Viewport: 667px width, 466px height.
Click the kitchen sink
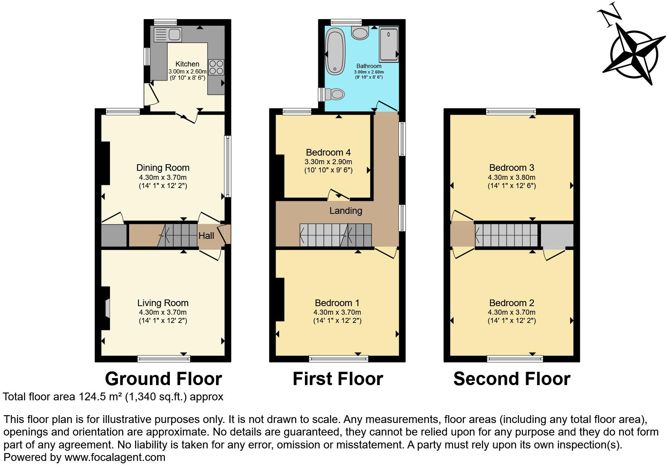coord(168,35)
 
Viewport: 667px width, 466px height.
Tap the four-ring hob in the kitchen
coord(216,67)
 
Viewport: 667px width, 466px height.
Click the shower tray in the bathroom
coord(389,45)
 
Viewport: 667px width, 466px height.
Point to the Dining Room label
coord(163,168)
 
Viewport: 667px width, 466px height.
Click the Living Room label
coord(163,303)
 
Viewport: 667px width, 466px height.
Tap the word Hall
coord(206,236)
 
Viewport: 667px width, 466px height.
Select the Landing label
coord(346,211)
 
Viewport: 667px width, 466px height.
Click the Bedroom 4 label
coord(328,152)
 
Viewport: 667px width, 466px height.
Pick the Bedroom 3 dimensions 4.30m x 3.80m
coord(512,177)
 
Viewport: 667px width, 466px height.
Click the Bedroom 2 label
coord(512,303)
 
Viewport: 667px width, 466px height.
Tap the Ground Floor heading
coord(163,379)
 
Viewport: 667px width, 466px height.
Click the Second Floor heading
coord(512,379)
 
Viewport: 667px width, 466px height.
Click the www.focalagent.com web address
coord(115,457)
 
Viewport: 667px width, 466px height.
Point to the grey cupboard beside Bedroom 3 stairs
coord(557,235)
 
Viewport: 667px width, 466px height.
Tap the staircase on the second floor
coord(507,235)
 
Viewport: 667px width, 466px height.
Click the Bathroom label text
coord(369,66)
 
